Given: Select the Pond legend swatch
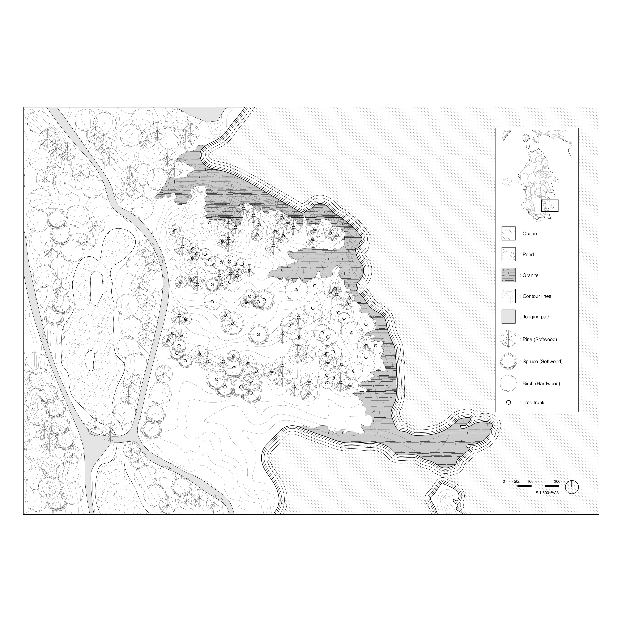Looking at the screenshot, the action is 508,254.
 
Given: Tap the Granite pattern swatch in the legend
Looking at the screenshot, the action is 508,275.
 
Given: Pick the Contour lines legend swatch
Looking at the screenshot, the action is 508,296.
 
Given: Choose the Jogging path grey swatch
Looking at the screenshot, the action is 508,317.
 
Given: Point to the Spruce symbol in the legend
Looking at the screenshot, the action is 508,361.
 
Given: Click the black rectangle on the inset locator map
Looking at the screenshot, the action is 550,205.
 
